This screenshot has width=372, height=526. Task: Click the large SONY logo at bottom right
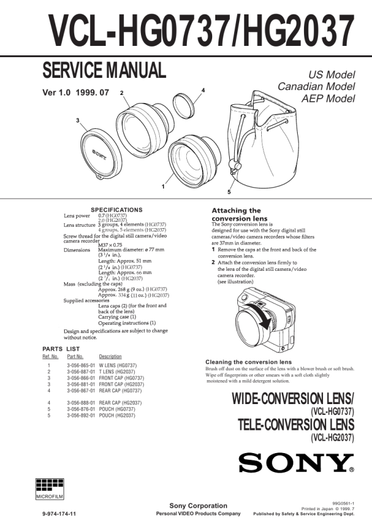296,463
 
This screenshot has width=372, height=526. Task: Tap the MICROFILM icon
50,489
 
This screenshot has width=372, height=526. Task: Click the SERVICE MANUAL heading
104,70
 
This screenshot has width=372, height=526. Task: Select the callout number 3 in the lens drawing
77,120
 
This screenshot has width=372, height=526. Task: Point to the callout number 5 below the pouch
229,192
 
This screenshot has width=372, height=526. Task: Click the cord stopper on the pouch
235,165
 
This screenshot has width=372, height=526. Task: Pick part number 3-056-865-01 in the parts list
81,365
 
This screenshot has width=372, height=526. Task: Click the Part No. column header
75,356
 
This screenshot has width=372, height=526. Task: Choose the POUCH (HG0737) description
117,409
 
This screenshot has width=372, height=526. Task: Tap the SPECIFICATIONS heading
116,210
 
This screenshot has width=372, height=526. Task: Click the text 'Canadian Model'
316,87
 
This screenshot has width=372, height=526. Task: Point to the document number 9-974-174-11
59,513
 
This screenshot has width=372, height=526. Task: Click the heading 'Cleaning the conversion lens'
249,362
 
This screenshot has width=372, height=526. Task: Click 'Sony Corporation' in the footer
198,505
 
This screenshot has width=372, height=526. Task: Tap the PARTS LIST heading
61,349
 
